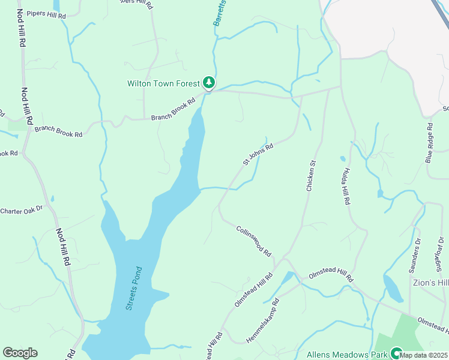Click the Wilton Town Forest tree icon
click(208, 83)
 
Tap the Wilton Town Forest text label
click(163, 83)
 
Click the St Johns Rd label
click(258, 154)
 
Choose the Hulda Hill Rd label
click(346, 187)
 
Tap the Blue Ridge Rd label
click(429, 143)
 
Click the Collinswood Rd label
click(254, 242)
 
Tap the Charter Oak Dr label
click(22, 210)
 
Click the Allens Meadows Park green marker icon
click(396, 353)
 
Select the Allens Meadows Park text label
click(347, 355)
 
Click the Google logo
click(20, 353)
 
